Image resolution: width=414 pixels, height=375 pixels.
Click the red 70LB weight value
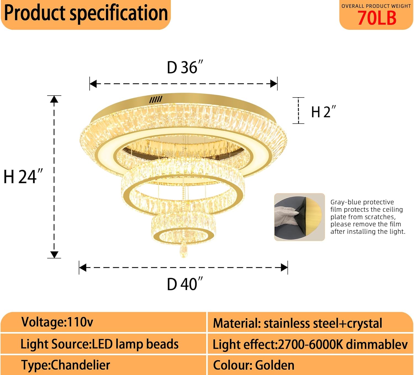[377, 18]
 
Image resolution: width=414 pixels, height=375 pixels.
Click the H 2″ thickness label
[323, 112]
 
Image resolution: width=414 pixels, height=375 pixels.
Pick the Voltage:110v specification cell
[57, 322]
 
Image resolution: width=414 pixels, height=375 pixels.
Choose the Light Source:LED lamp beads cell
[99, 344]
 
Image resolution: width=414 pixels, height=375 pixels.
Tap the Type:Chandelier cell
[66, 365]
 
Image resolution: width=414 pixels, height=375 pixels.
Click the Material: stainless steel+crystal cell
[298, 323]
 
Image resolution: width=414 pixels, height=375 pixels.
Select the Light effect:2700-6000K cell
[310, 344]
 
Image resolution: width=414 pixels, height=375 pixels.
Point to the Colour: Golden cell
[254, 365]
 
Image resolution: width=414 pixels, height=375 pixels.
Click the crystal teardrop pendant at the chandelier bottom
[183, 250]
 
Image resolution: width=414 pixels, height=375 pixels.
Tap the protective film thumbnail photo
[299, 217]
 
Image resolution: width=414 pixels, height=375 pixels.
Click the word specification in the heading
[119, 13]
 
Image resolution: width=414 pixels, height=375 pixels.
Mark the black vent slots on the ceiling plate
[156, 100]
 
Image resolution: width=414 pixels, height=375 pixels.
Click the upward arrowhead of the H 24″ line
[54, 99]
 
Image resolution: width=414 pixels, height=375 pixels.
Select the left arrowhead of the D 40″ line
[83, 267]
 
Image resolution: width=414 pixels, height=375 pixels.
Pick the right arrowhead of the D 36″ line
[274, 84]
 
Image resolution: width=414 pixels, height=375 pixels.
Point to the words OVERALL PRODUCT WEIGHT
[376, 6]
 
